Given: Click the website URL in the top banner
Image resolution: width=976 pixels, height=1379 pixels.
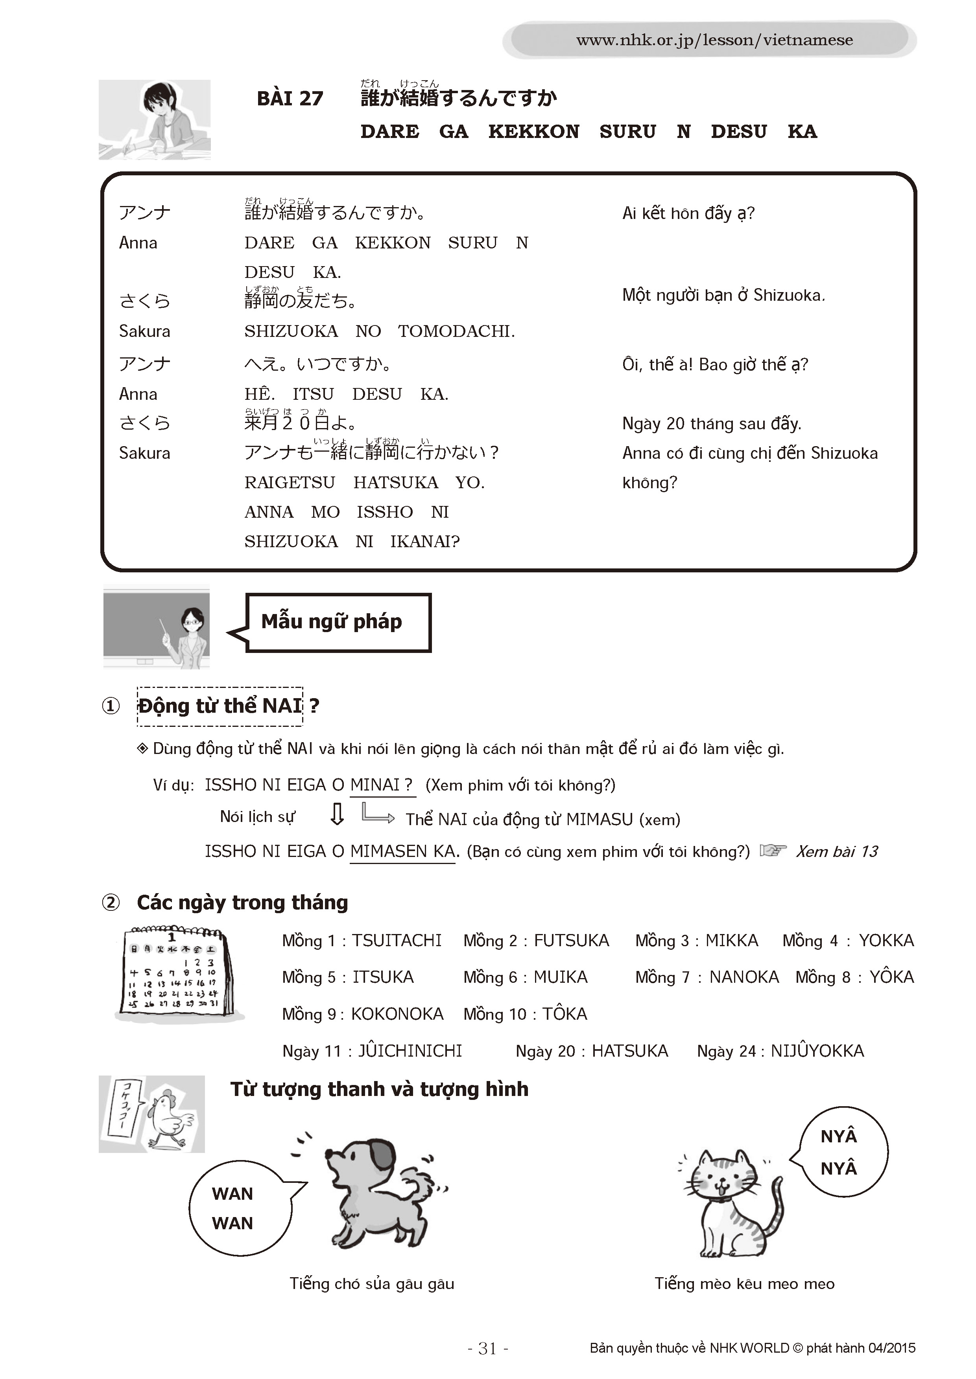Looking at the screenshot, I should point(714,40).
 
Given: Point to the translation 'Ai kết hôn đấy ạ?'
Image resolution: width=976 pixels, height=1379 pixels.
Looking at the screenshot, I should point(688,213).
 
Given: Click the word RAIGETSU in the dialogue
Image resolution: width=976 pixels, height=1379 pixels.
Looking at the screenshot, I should point(289,482).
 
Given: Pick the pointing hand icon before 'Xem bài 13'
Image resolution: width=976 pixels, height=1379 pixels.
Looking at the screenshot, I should point(773,850).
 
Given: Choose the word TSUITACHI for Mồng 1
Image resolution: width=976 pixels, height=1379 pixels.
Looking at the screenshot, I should point(397,941).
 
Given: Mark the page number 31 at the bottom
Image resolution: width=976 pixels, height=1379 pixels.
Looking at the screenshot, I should point(487,1349).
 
